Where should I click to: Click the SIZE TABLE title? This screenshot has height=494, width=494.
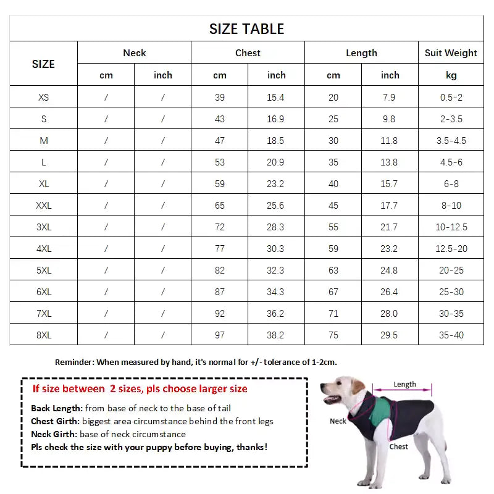pos(246,29)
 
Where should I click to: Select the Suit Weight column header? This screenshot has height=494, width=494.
pos(451,53)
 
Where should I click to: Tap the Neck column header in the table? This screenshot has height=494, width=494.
pos(134,53)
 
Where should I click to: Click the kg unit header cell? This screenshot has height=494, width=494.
pos(451,75)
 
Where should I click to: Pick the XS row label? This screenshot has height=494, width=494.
pos(43,98)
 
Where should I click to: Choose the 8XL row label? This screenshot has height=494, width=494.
pos(43,335)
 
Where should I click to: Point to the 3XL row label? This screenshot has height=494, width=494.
pos(43,227)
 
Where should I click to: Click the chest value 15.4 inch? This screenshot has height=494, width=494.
pos(276,98)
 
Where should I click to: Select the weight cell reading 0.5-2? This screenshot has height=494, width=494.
pos(451,98)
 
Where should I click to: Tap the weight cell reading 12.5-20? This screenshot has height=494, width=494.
pos(451,249)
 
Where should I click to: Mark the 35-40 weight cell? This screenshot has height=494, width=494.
pos(451,335)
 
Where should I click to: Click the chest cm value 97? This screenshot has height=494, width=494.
pos(220,335)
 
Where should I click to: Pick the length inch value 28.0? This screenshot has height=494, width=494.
pos(390,314)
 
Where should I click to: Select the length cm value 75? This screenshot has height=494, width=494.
pos(333,335)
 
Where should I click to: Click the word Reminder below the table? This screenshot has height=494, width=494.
pos(74,362)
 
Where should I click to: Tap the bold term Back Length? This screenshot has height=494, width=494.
pos(56,408)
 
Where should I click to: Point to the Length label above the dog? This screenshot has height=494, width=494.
pos(404,385)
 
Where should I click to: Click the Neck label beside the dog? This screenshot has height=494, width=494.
pos(338,421)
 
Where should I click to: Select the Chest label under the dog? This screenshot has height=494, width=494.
pos(398,446)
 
